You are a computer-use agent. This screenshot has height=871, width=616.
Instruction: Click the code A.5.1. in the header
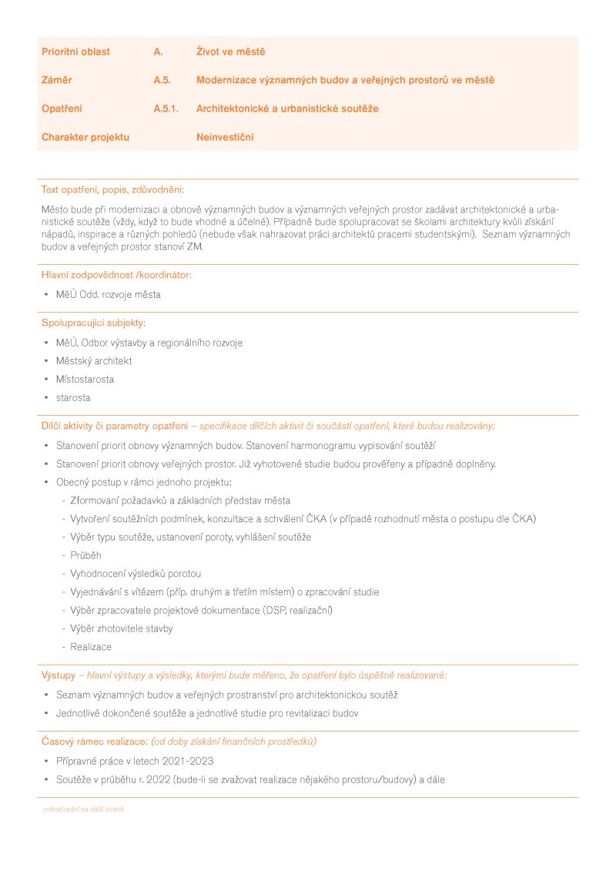click(x=166, y=109)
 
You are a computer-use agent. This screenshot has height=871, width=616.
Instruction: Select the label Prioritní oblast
click(x=75, y=52)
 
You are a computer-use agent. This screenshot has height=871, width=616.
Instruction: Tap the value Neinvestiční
click(x=225, y=137)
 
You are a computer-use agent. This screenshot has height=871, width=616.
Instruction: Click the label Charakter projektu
click(x=85, y=137)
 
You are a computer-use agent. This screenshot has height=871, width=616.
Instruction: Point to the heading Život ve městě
click(x=231, y=52)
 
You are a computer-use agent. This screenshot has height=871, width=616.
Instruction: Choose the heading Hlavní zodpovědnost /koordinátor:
click(x=116, y=274)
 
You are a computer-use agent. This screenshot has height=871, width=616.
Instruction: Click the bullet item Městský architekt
click(x=94, y=360)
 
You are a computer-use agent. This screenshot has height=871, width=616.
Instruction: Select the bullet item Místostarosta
click(x=85, y=379)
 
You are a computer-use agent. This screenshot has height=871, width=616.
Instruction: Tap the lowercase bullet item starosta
click(x=73, y=397)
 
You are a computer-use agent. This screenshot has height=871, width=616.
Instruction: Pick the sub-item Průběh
click(x=85, y=555)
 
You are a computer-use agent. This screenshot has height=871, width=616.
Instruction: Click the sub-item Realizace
click(x=91, y=647)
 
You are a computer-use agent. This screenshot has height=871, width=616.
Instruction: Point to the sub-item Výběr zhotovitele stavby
click(x=122, y=628)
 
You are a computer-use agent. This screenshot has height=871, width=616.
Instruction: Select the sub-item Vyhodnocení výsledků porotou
click(x=136, y=574)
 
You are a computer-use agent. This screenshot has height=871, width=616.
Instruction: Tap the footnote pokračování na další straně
click(x=83, y=809)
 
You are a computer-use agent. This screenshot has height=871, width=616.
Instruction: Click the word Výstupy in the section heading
click(x=59, y=675)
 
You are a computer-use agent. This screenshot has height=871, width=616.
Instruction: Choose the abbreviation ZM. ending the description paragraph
click(x=195, y=246)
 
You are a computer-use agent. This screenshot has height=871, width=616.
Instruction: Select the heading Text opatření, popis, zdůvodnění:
click(x=112, y=189)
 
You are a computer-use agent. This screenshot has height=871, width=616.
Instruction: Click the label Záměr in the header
click(x=57, y=80)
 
